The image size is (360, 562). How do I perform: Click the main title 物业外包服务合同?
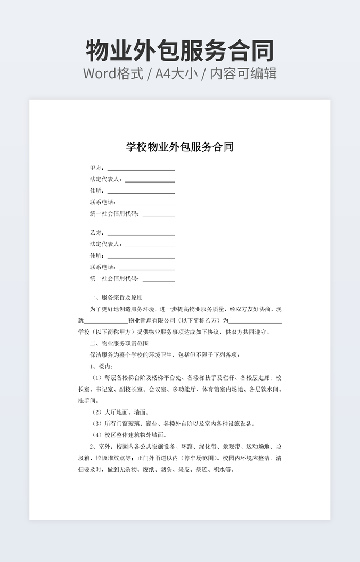pyautogui.click(x=179, y=50)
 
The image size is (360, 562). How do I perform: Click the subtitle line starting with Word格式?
pyautogui.click(x=179, y=73)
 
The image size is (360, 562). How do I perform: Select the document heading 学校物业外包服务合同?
pyautogui.click(x=179, y=147)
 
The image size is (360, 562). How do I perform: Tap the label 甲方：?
pyautogui.click(x=97, y=168)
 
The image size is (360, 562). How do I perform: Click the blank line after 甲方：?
pyautogui.click(x=141, y=170)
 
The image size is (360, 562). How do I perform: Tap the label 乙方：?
pyautogui.click(x=97, y=233)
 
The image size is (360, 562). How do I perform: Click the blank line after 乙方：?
pyautogui.click(x=141, y=235)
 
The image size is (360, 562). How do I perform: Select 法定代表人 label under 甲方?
pyautogui.click(x=106, y=179)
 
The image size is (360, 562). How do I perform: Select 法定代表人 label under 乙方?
pyautogui.click(x=106, y=244)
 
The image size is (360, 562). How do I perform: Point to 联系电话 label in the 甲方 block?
pyautogui.click(x=103, y=202)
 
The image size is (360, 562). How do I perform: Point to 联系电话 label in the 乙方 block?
pyautogui.click(x=103, y=267)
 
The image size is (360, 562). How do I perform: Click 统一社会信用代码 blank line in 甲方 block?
pyautogui.click(x=159, y=216)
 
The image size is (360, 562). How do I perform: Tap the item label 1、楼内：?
pyautogui.click(x=101, y=366)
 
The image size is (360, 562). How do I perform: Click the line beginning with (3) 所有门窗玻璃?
pyautogui.click(x=173, y=424)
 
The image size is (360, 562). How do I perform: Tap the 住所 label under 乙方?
pyautogui.click(x=97, y=256)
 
